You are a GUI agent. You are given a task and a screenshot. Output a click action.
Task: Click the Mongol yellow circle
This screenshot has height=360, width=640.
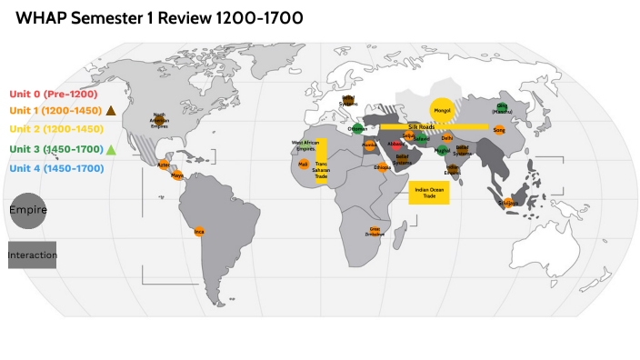coord(443,110)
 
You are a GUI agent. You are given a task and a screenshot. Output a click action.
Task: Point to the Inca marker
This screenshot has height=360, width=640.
coord(199,232)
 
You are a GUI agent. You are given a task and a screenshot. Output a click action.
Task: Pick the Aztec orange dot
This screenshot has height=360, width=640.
coord(163,165)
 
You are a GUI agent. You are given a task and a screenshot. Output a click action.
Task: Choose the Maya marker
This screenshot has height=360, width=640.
coord(177,175)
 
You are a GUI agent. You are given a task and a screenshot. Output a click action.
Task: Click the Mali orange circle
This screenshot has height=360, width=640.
coord(304,165)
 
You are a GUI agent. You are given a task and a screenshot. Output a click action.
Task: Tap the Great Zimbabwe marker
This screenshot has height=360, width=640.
coord(375,231)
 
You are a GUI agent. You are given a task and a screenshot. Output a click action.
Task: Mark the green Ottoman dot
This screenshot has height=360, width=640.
coord(358,129)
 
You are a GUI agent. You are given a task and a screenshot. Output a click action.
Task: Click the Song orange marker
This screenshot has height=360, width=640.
coord(499,131)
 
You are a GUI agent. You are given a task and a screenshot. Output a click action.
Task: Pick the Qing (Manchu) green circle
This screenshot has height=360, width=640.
coord(503,108)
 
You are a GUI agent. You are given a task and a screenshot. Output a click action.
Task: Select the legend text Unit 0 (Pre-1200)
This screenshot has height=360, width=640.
coord(46,94)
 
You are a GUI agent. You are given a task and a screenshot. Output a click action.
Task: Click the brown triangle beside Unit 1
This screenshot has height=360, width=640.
coord(110,110)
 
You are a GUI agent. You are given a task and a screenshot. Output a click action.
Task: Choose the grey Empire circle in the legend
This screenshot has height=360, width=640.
coord(27,209)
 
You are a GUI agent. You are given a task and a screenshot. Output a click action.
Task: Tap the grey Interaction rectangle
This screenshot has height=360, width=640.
coord(32,255)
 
